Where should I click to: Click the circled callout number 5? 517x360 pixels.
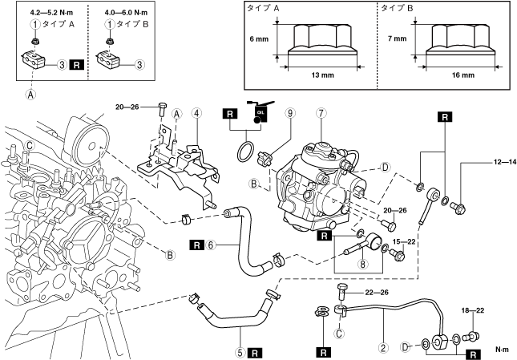coord(239,351)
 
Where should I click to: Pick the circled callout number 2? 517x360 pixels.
coord(384,347)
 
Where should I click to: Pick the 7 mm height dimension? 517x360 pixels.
coord(395,38)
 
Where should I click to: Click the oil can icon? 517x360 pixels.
coord(260,115)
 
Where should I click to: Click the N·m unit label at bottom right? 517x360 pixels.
coord(503,350)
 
